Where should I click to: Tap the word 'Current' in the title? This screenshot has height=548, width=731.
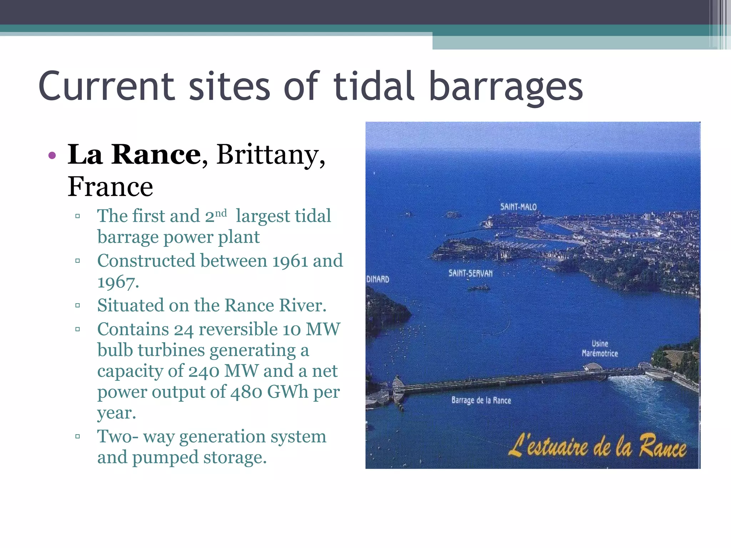click(106, 87)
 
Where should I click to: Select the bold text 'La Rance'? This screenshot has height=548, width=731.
click(134, 154)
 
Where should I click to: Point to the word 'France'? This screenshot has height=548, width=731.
click(110, 187)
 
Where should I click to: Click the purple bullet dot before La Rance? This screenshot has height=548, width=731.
click(52, 155)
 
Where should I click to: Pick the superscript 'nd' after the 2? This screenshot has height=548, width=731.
click(221, 213)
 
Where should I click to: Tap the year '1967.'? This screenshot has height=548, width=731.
click(118, 282)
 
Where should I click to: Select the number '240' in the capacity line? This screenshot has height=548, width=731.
click(203, 371)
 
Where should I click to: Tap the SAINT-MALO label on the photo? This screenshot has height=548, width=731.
click(518, 207)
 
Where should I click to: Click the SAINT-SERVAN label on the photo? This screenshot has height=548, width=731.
click(470, 273)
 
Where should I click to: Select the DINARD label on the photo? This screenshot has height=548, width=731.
click(378, 279)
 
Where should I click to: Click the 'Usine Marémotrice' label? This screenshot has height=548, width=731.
click(600, 349)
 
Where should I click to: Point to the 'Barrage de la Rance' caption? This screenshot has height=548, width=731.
click(481, 400)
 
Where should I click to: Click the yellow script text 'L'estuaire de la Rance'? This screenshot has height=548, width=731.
click(597, 446)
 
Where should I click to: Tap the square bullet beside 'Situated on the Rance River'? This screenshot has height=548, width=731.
click(77, 305)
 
